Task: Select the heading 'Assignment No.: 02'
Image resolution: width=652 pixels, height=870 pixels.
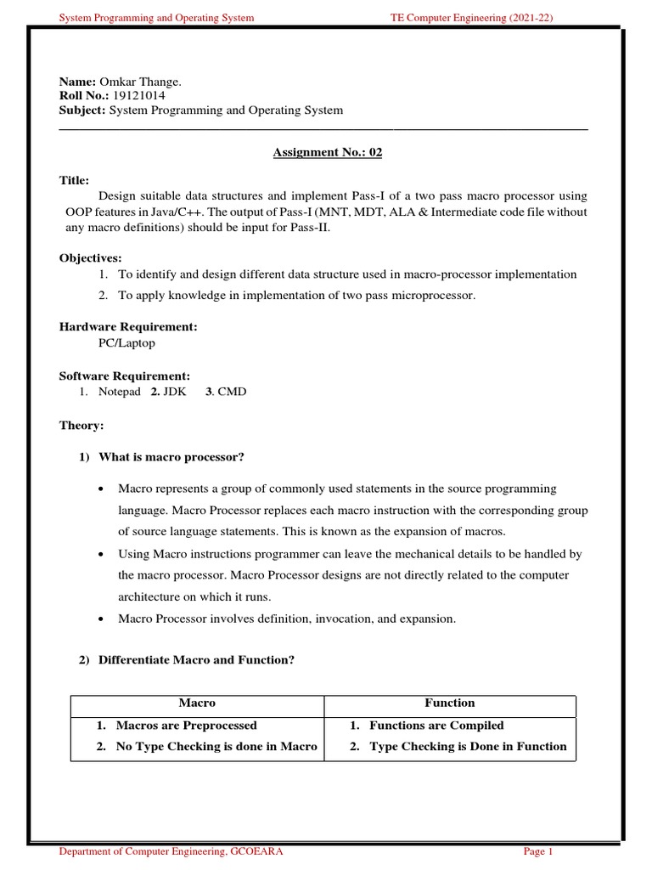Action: click(x=322, y=153)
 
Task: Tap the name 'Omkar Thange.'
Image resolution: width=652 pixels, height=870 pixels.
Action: click(x=141, y=81)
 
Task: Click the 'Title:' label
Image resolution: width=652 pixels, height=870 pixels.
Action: click(x=74, y=181)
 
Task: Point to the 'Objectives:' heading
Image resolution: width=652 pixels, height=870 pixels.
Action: click(x=91, y=257)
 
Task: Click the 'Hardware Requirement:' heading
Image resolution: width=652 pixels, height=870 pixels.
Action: click(x=128, y=326)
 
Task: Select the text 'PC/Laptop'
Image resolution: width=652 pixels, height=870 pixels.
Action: click(x=126, y=343)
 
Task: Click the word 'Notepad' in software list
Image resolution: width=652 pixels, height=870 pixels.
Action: click(x=120, y=392)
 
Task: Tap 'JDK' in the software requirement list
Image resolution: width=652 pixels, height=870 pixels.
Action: click(x=174, y=392)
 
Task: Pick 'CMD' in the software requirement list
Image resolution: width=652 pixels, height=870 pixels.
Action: click(x=232, y=392)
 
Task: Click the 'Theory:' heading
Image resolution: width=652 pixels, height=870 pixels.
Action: click(x=81, y=425)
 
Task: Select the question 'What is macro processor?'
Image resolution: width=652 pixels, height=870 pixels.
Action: click(x=171, y=458)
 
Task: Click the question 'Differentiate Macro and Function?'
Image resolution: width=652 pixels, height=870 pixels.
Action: click(x=196, y=660)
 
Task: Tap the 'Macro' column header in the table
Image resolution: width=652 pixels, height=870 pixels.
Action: click(x=197, y=703)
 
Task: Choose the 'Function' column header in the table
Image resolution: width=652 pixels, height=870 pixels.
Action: click(x=449, y=703)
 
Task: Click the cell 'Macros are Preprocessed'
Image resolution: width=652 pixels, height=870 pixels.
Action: click(x=186, y=726)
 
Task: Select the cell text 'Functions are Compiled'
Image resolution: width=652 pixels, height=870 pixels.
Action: click(x=436, y=726)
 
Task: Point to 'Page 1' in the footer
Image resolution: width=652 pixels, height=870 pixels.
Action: click(x=538, y=851)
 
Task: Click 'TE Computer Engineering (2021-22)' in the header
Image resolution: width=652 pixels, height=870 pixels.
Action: click(x=472, y=17)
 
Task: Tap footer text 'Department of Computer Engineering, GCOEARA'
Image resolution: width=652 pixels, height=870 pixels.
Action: click(x=170, y=851)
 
